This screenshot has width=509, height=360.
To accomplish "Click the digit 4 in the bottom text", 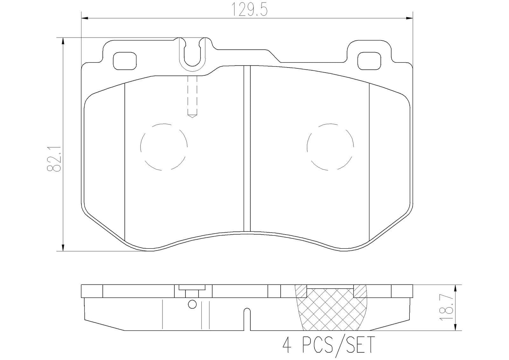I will (x=287, y=345).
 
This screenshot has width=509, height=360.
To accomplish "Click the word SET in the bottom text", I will (x=360, y=345).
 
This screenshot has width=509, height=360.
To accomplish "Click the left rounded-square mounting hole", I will (x=125, y=61).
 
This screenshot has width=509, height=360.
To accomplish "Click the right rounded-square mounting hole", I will (x=369, y=61).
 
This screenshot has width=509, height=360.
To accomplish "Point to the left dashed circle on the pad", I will (x=164, y=147).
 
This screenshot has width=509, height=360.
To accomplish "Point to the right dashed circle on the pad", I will (x=330, y=147).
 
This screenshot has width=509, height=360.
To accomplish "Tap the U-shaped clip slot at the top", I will (x=192, y=54).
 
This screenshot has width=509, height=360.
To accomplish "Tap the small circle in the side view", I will (x=192, y=305).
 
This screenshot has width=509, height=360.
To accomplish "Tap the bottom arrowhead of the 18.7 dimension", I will (x=456, y=327).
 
